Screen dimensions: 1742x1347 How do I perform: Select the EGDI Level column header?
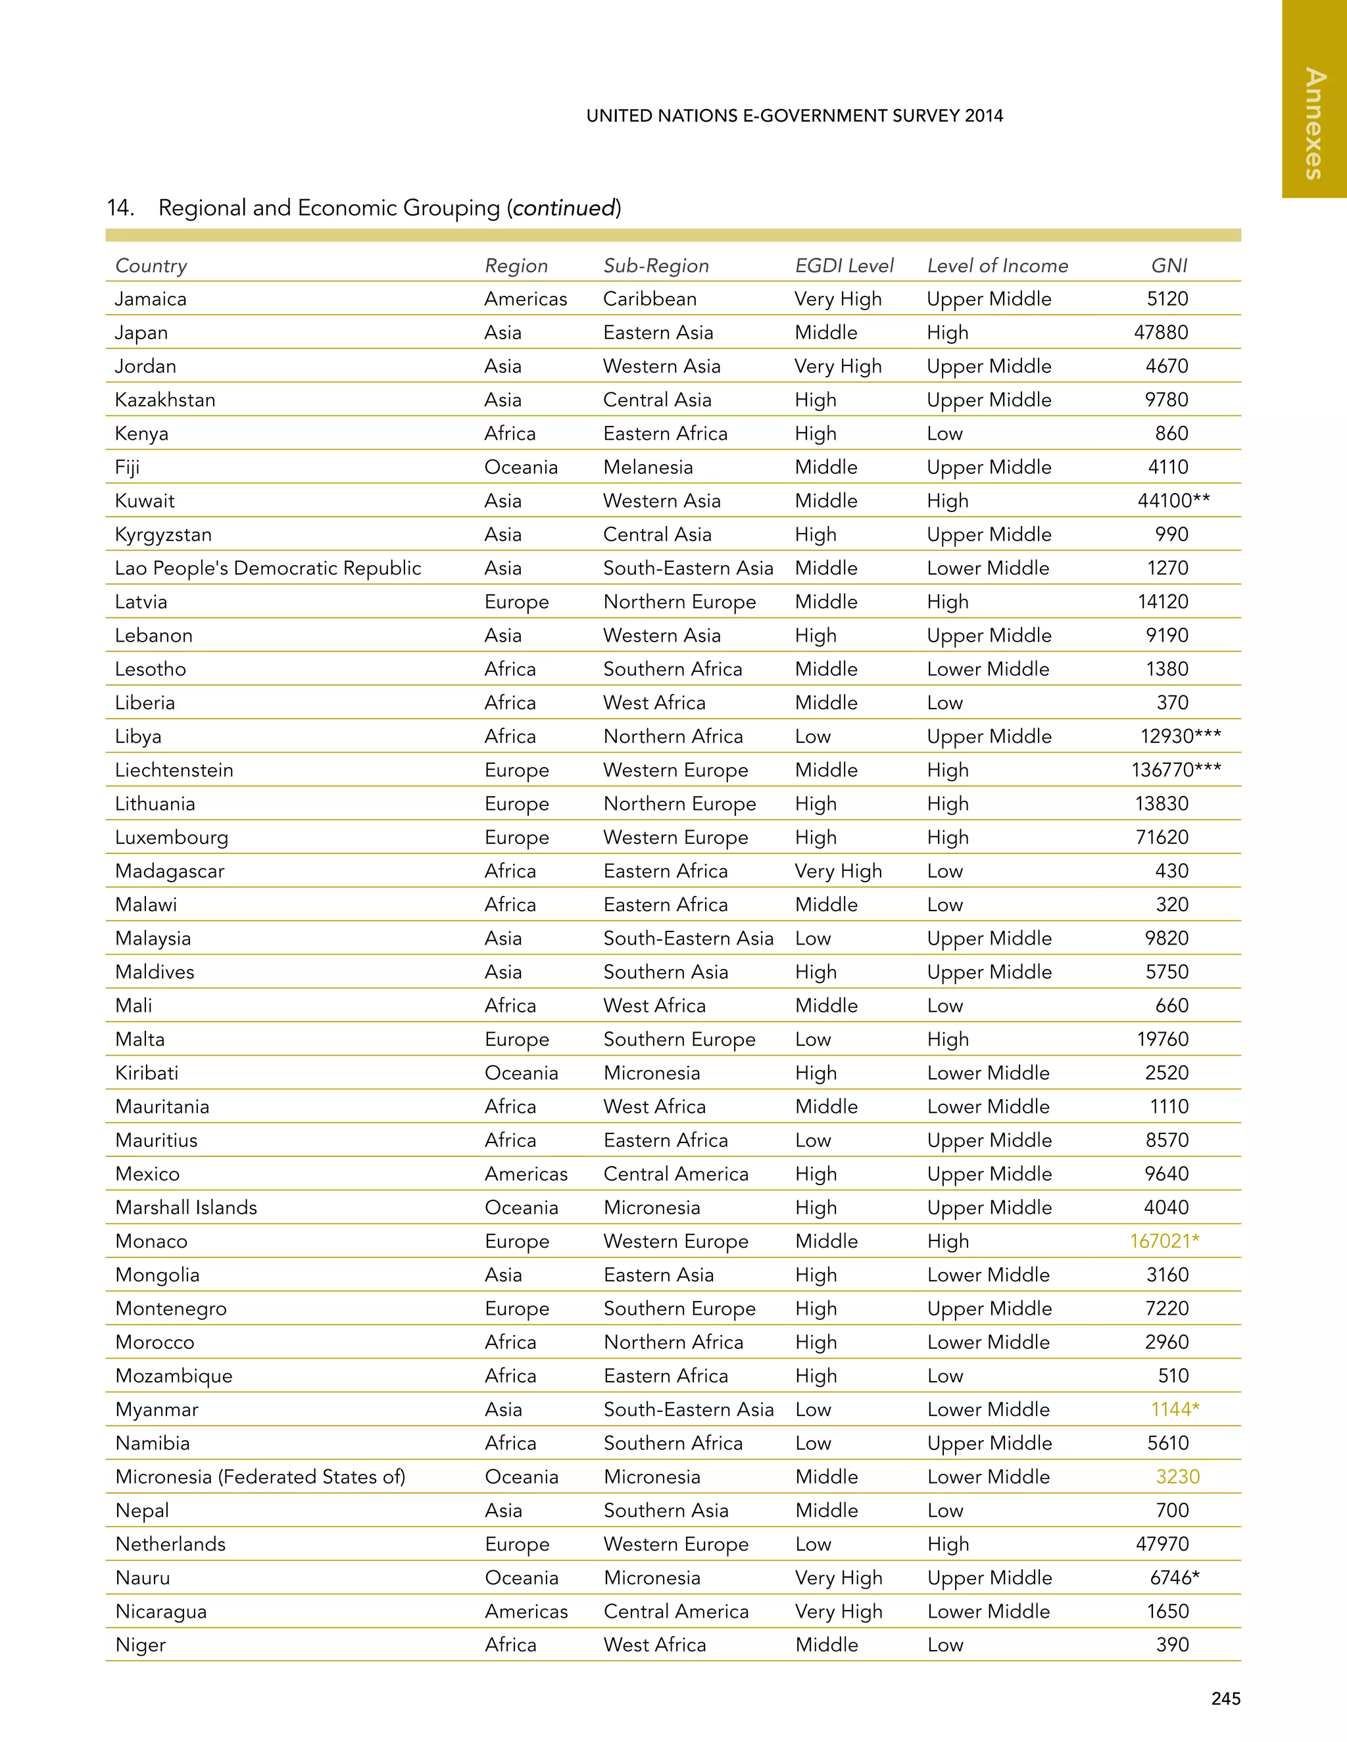[x=845, y=266]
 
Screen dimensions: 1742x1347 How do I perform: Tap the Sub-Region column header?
[x=656, y=266]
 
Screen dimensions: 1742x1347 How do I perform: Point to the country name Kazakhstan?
[x=165, y=400]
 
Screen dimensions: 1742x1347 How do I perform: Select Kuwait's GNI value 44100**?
[x=1174, y=501]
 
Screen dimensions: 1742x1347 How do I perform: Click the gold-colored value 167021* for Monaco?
[x=1164, y=1241]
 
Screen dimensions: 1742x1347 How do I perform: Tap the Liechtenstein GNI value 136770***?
[x=1176, y=770]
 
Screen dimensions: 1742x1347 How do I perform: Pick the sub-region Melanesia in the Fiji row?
[x=648, y=467]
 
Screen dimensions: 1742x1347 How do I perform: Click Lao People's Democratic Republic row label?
[x=268, y=568]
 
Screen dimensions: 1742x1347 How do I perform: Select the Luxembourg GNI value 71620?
[x=1162, y=837]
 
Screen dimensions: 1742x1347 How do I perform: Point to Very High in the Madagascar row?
[x=838, y=871]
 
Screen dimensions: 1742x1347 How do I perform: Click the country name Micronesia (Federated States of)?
[x=260, y=1477]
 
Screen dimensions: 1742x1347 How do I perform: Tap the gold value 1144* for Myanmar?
[x=1175, y=1409]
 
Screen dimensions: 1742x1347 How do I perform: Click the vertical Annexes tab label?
[x=1314, y=124]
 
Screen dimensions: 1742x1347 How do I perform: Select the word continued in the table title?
[x=564, y=208]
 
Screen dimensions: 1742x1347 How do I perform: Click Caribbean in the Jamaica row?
[x=650, y=299]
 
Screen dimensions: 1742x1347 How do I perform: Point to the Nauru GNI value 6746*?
[x=1175, y=1578]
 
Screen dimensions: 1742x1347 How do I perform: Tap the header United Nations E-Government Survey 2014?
[x=795, y=116]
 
